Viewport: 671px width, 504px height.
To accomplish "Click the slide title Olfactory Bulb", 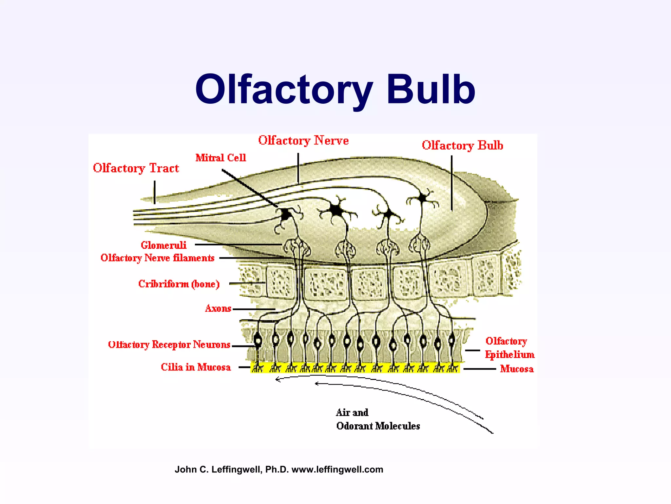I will (335, 89).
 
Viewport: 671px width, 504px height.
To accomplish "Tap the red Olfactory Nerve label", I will (303, 140).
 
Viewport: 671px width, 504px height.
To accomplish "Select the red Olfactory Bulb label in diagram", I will (462, 145).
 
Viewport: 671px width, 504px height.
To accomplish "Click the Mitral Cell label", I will (220, 158).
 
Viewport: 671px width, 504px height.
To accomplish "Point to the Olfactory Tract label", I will (136, 168).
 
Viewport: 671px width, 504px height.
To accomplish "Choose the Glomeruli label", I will (163, 245).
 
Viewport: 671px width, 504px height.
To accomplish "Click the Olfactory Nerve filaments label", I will (157, 258).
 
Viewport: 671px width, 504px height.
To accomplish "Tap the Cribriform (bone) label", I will (179, 284).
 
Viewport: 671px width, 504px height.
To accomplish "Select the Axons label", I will (218, 308).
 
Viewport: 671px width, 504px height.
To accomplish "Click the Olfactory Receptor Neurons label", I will (169, 345).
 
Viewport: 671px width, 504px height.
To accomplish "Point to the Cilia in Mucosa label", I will (196, 367).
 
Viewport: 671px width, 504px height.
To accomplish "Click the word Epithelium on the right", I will (509, 355).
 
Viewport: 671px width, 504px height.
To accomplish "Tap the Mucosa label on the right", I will (517, 369).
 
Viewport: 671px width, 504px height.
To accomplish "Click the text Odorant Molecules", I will (378, 426).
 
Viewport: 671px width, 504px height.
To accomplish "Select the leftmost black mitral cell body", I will (286, 215).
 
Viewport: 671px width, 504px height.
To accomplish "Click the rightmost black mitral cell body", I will (423, 198).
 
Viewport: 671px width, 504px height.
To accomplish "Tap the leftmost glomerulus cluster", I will (297, 248).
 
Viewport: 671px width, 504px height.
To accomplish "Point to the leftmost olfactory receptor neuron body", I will (258, 341).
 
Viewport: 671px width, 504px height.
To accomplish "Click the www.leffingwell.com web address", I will (337, 470).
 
